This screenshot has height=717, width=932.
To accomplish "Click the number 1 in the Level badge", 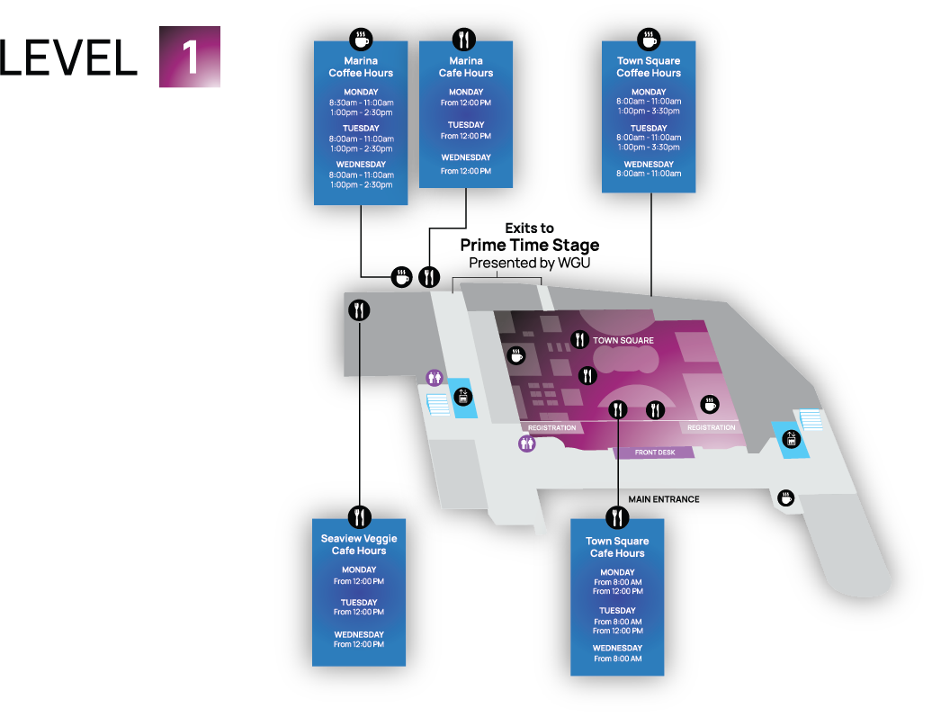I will (x=190, y=57).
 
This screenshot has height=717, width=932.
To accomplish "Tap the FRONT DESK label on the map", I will (x=654, y=453).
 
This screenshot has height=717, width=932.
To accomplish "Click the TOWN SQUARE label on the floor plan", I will (x=623, y=341).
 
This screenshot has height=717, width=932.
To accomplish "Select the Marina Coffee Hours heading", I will (x=361, y=67).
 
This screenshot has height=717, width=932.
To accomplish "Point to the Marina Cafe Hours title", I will (x=466, y=67).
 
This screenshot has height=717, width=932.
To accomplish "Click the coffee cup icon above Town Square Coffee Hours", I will (x=649, y=40).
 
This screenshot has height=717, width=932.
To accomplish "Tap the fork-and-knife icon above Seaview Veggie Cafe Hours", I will (x=360, y=515).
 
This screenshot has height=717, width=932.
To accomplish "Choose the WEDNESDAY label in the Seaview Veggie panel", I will (x=359, y=634).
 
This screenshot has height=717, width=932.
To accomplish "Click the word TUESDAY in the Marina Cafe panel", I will (x=466, y=125).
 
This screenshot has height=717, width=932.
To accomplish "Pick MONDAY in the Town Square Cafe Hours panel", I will (x=617, y=572).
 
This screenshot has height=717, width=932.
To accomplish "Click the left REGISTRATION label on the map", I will (x=551, y=427).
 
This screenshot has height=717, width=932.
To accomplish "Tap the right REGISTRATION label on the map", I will (x=711, y=427).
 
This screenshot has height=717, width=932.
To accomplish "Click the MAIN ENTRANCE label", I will (x=664, y=498).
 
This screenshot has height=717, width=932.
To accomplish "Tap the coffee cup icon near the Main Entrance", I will (x=786, y=497).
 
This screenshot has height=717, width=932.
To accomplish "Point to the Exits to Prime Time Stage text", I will (x=529, y=237).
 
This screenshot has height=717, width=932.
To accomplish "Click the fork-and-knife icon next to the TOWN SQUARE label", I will (x=580, y=340).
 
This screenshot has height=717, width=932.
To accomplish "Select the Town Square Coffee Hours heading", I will (x=649, y=67).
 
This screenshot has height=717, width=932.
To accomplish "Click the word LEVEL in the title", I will (x=68, y=58).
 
